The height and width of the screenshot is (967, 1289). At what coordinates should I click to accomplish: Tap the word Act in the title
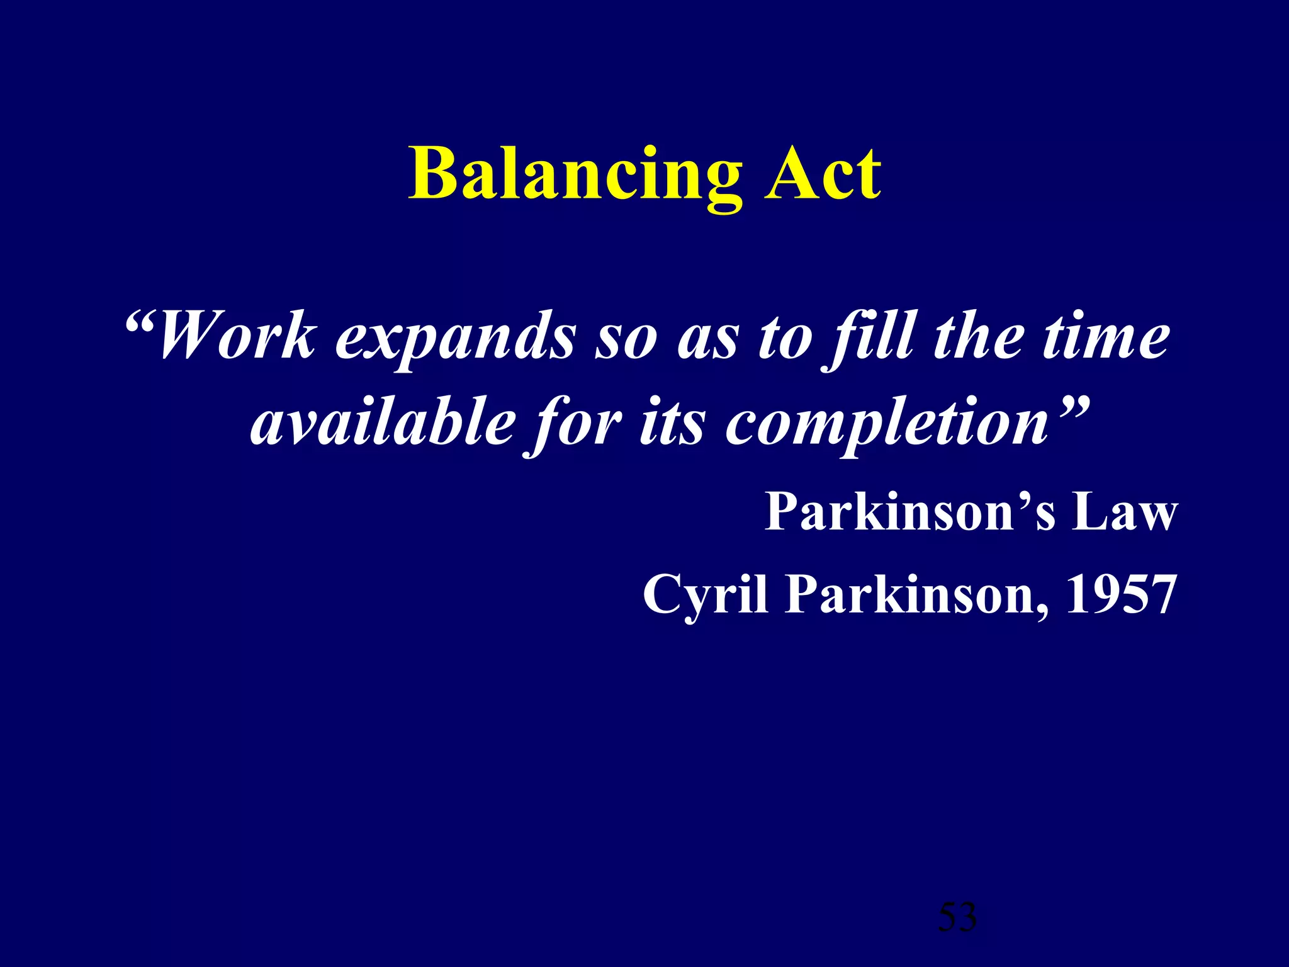pos(823,175)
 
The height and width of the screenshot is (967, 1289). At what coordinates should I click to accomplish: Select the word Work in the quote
pos(236,337)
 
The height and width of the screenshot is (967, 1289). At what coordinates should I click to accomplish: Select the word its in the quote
pos(672,422)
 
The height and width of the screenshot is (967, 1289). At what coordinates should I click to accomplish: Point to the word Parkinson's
pos(910,512)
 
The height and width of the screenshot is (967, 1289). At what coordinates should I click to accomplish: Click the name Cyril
pos(705,595)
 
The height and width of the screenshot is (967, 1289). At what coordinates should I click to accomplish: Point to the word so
pos(626,340)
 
